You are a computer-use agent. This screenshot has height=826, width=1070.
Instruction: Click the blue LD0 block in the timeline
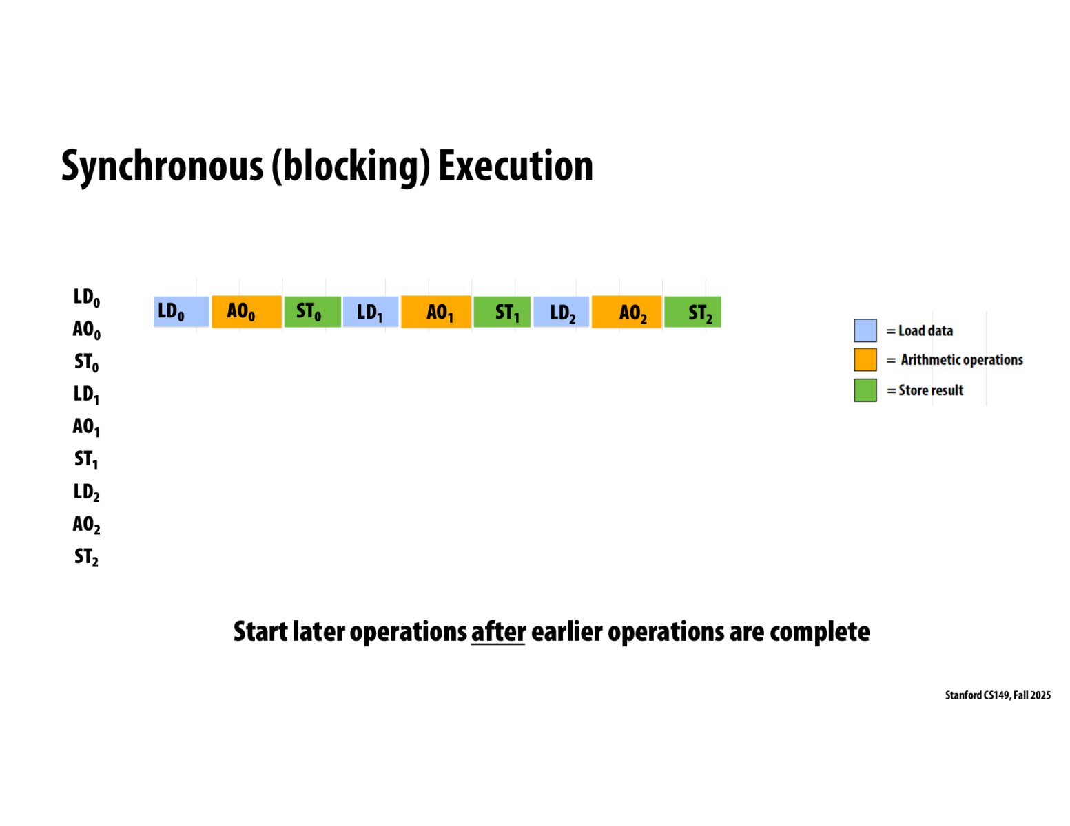pos(181,312)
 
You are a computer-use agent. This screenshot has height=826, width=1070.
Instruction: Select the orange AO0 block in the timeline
pos(246,312)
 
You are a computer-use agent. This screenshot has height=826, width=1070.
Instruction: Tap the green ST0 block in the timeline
pos(312,312)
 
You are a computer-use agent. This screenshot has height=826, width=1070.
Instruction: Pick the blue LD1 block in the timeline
pos(371,312)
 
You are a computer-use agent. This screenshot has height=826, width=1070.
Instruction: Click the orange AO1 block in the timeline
pos(436,312)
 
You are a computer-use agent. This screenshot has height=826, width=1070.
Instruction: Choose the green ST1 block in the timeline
pos(502,312)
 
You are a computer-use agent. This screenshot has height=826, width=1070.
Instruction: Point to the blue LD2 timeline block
pos(561,312)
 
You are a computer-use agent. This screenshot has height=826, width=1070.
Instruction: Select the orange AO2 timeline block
pos(626,312)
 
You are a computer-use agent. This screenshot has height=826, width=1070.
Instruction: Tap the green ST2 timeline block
pos(692,312)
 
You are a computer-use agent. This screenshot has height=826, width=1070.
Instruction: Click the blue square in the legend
pos(865,330)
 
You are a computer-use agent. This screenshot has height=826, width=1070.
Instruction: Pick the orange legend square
pos(865,360)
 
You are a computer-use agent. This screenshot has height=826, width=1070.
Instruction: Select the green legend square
pos(865,390)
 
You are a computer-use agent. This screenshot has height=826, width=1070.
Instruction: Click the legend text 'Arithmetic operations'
pos(962,360)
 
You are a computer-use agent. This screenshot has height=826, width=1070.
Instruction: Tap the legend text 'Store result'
pos(931,390)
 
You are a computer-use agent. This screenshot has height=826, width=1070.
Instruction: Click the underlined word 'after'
pos(498,631)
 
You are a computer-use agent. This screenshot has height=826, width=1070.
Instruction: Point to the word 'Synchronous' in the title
pos(162,166)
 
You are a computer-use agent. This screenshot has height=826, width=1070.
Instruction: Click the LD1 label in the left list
pos(87,394)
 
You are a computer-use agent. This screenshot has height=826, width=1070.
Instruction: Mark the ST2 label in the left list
pos(87,557)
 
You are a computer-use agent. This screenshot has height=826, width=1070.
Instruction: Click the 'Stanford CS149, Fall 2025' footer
pos(998,695)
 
